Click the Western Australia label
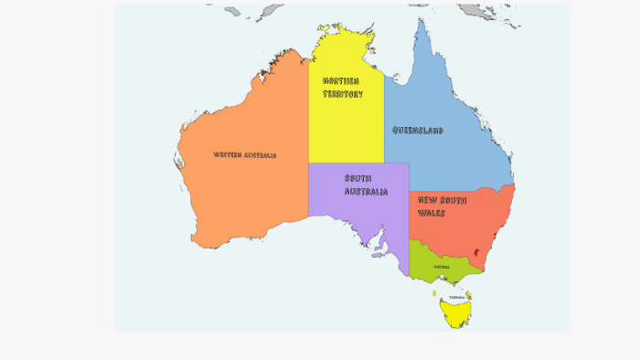(x=245, y=155)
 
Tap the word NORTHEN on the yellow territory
(x=341, y=80)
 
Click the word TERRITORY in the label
(x=343, y=94)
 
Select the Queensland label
(x=418, y=131)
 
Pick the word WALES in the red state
(x=432, y=213)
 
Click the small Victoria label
(x=442, y=268)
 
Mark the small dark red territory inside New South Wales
(x=475, y=252)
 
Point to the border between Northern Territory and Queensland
(x=384, y=119)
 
